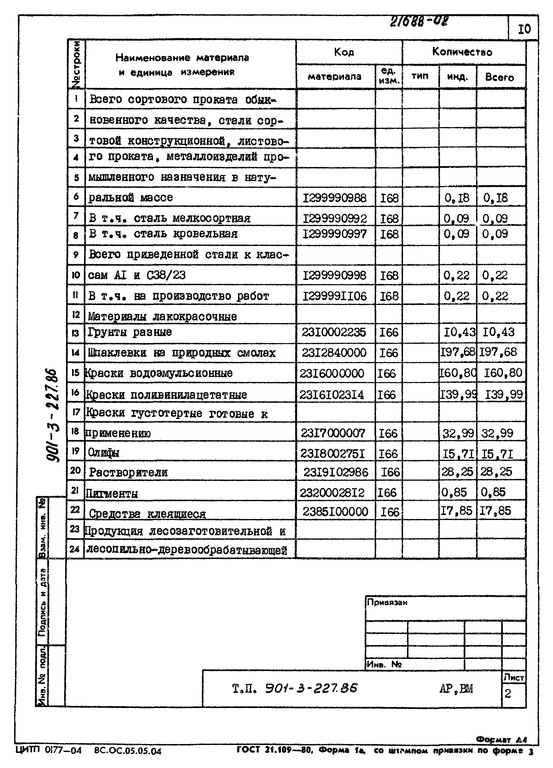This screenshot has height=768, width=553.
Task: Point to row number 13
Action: click(75, 333)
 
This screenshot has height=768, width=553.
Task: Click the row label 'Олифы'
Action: click(103, 452)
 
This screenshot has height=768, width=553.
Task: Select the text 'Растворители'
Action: click(128, 472)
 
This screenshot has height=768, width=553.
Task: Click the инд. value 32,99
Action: click(458, 433)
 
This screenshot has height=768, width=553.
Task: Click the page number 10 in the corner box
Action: click(524, 29)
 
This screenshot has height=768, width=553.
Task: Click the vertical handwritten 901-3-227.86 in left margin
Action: click(53, 416)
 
